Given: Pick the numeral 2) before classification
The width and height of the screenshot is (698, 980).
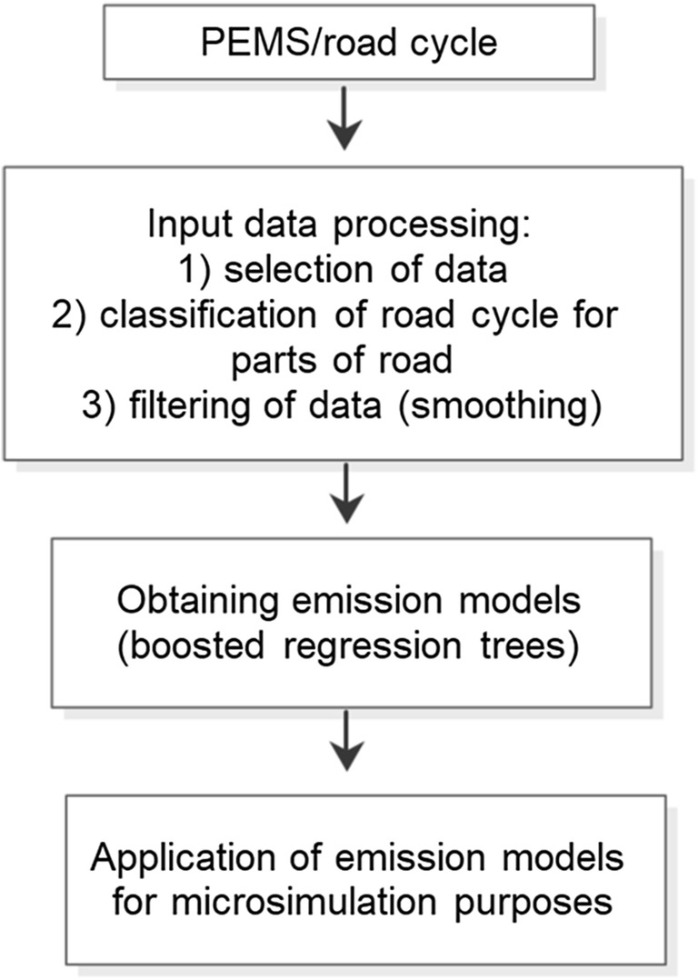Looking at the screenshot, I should (73, 314).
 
